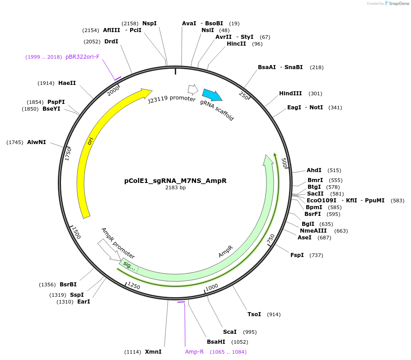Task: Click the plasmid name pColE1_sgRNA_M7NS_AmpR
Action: (175, 181)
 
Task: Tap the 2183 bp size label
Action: (175, 188)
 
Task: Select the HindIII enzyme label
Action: (290, 94)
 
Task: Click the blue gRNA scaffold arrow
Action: (212, 95)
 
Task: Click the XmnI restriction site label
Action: (153, 351)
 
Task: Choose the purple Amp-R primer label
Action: (194, 351)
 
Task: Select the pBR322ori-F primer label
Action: (82, 57)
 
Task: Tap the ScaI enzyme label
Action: (229, 332)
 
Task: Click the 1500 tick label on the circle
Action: (76, 233)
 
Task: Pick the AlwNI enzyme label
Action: (36, 142)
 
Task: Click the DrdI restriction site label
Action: (111, 42)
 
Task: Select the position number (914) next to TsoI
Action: (274, 314)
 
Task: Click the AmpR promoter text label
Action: (118, 243)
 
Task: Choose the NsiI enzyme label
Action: (207, 30)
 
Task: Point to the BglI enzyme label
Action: (308, 224)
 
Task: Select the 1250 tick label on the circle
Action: (134, 285)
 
